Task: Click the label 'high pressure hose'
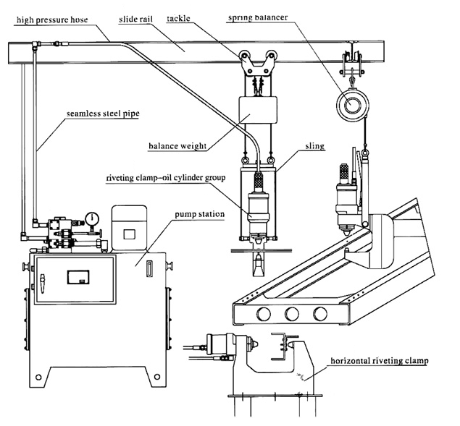click(52, 20)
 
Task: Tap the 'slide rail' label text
click(136, 20)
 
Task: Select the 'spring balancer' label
click(258, 17)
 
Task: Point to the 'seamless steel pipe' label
click(103, 114)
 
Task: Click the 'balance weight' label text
click(177, 146)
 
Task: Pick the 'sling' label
click(315, 146)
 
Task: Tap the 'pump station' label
click(200, 214)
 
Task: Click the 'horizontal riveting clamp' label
click(380, 361)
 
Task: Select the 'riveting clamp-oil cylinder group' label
click(166, 178)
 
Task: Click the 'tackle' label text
click(178, 19)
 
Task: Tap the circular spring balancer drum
click(351, 105)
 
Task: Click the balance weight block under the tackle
click(258, 110)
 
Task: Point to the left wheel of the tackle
click(244, 56)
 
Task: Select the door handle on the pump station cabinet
click(43, 284)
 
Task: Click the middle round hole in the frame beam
click(292, 314)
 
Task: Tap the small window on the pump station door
click(78, 277)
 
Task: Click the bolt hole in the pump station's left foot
click(38, 377)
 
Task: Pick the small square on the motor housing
click(129, 234)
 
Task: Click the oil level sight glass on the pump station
click(149, 268)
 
